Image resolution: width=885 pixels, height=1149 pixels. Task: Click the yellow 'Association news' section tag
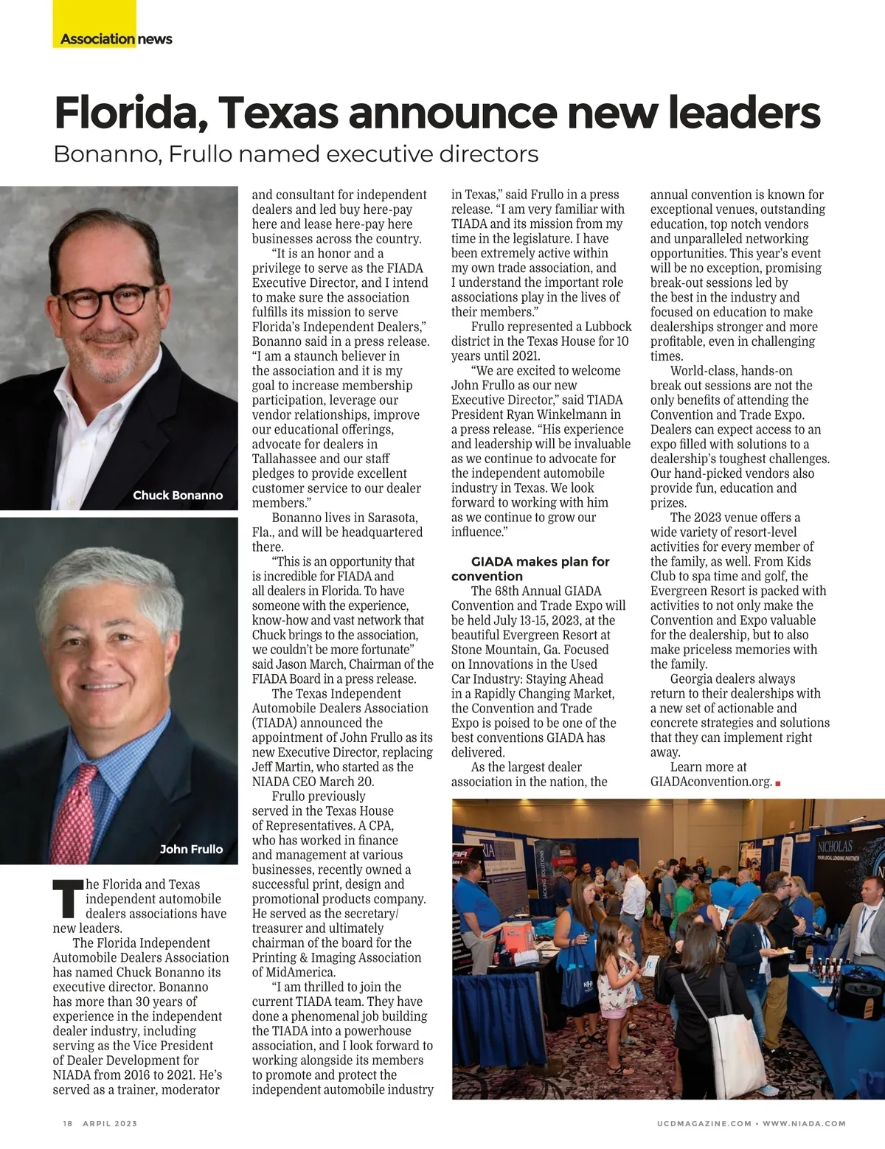[115, 39]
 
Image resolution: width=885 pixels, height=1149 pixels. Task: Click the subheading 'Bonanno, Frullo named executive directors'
[296, 154]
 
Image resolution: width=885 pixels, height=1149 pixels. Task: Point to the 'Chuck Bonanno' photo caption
[177, 495]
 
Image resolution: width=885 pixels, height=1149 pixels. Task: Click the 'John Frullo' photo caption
[191, 849]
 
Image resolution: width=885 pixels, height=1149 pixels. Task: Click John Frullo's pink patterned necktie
[75, 811]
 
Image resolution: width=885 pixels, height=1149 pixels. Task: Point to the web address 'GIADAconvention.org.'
[710, 782]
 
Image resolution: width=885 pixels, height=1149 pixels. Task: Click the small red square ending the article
[778, 783]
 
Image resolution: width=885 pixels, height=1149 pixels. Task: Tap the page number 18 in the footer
[68, 1123]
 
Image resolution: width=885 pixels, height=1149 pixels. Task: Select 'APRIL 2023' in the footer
[110, 1123]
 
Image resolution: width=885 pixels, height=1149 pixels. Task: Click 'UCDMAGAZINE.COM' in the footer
[704, 1123]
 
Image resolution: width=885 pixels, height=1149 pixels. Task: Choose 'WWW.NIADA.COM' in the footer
[804, 1123]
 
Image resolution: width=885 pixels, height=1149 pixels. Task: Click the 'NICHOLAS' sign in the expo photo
[834, 846]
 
